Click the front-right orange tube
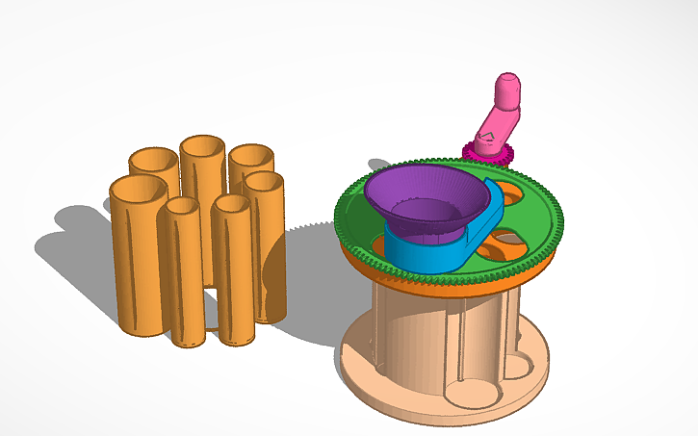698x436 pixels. coord(234,279)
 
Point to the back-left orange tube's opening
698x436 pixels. coord(153,160)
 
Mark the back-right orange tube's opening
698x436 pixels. coord(250,155)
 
